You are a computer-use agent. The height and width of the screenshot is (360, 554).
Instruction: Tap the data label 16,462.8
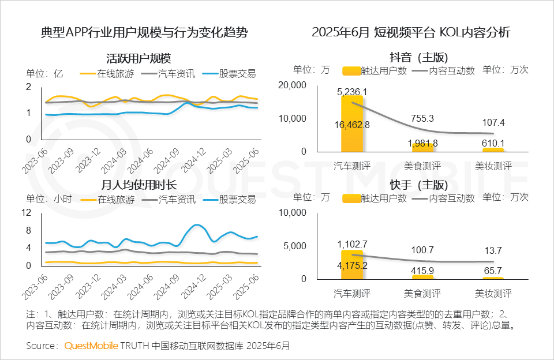(x=352, y=125)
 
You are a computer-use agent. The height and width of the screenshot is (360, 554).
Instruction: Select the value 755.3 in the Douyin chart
(x=422, y=118)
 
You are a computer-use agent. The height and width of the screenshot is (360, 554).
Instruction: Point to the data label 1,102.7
(x=352, y=244)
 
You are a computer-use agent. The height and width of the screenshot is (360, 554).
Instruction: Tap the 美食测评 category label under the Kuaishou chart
(x=422, y=293)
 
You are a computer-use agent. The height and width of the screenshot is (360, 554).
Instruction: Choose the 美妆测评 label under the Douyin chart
(x=493, y=166)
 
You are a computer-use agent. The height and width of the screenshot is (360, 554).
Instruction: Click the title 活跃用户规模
(x=138, y=59)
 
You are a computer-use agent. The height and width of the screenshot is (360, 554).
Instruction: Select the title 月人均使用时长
(x=138, y=185)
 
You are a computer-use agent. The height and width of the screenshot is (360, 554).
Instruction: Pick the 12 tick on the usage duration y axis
(x=27, y=212)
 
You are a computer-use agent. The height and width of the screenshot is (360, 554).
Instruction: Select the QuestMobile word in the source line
(x=91, y=346)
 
